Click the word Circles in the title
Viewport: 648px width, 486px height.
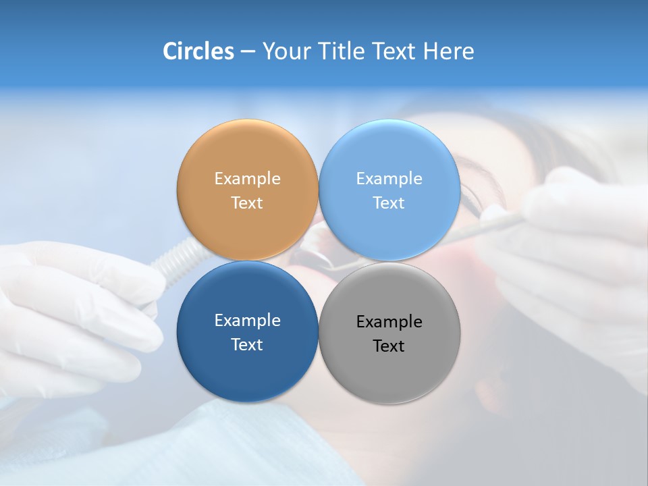click(x=198, y=51)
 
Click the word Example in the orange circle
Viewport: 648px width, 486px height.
click(x=247, y=179)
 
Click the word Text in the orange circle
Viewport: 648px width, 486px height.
click(x=247, y=203)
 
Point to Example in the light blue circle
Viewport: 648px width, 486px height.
click(x=389, y=179)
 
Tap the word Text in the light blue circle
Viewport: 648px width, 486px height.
click(x=389, y=203)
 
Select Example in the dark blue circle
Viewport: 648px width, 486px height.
click(x=247, y=321)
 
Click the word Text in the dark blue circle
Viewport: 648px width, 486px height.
click(x=247, y=345)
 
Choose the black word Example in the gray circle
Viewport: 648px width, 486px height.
click(x=389, y=322)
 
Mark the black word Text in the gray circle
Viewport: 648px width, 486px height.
click(x=389, y=346)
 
